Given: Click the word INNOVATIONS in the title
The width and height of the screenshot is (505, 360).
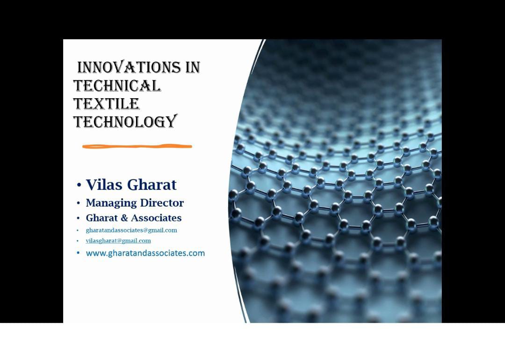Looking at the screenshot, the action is pos(129,67).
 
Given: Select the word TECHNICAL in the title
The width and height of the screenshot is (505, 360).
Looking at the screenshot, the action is pos(117,86).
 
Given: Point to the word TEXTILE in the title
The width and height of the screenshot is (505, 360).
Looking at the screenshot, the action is pos(106,104).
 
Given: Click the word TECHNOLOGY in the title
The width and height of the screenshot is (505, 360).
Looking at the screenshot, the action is pos(126,122).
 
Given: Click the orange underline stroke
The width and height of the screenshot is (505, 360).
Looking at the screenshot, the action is pos(137,146).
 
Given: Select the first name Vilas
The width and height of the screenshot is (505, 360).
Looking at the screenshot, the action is pos(104,185).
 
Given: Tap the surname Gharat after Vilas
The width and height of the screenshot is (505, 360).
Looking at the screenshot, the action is pos(151,185).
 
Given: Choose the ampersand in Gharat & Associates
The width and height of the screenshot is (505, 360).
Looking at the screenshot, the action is pos(124,218).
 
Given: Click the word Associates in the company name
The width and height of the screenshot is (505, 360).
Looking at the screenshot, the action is pos(156,218).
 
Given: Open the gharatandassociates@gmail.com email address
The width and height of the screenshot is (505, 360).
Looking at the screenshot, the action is pos(131,230).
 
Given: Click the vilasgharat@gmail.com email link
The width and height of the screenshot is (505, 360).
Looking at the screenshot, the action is pos(118,240).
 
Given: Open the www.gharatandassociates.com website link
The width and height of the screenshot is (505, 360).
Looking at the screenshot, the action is pos(145,253).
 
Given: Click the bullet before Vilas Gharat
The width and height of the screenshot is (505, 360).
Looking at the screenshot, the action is pos(79,185).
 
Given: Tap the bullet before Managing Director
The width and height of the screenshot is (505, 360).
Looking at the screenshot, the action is pos(78,203).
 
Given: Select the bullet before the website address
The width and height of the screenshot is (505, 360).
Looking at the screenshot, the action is pos(78,253).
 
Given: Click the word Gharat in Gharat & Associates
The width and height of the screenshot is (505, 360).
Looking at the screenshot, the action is pos(102,218).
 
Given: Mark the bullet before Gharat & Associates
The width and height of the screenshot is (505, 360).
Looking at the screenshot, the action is pos(78,218).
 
